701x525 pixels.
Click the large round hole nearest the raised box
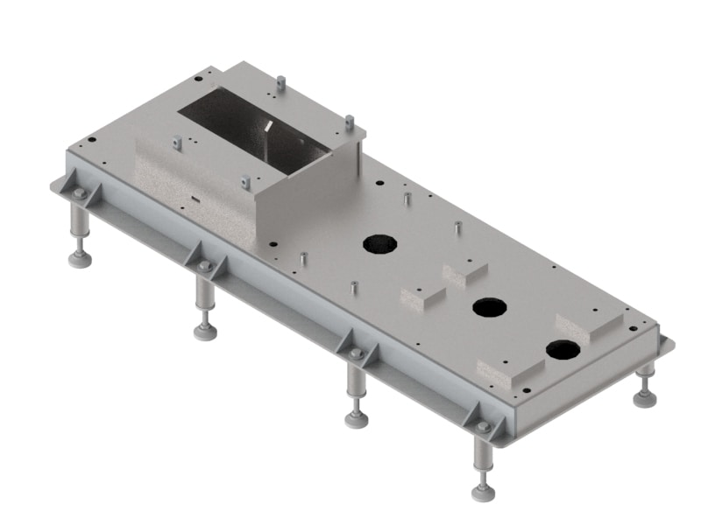(x=380, y=244)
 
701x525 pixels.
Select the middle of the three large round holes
(x=489, y=307)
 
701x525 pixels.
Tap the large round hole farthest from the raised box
(x=563, y=351)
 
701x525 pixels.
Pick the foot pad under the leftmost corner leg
(x=80, y=259)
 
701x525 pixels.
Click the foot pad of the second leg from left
(x=206, y=331)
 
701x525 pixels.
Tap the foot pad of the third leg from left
(x=356, y=418)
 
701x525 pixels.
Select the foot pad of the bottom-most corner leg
(x=483, y=491)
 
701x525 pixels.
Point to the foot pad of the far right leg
(x=645, y=399)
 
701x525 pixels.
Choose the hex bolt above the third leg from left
(x=355, y=353)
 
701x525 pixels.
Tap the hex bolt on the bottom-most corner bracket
(x=483, y=426)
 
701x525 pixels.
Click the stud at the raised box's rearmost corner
(x=280, y=83)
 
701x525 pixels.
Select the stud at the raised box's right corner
(x=349, y=122)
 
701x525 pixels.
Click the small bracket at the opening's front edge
(x=245, y=182)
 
